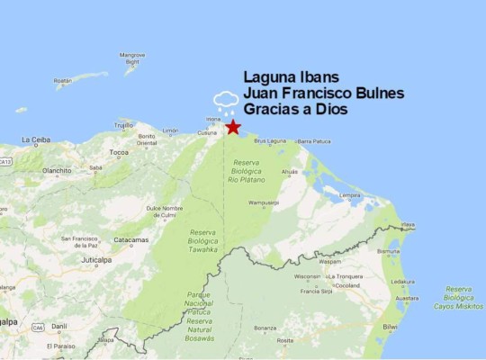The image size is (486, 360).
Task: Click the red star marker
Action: (x=234, y=128)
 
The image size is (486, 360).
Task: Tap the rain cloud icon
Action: (x=224, y=100)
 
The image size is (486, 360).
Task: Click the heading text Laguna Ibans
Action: (x=291, y=76)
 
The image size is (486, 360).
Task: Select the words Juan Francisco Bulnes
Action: (x=324, y=93)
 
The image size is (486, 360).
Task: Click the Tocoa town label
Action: (x=120, y=153)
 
